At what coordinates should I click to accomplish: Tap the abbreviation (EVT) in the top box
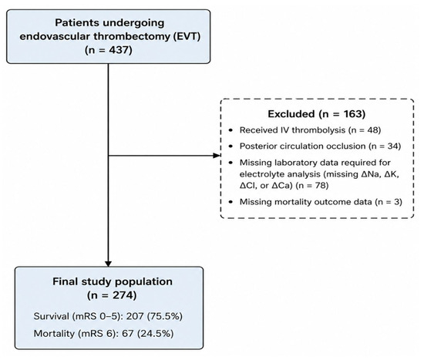click(x=187, y=36)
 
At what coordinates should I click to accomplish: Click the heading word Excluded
click(x=291, y=114)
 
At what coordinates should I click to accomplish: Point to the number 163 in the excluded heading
click(x=352, y=114)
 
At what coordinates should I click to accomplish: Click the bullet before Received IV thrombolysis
click(x=231, y=130)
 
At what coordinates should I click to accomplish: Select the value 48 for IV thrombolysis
click(x=372, y=130)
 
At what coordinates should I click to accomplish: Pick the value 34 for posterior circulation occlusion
click(x=392, y=146)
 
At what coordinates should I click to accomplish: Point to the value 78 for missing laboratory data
click(x=320, y=186)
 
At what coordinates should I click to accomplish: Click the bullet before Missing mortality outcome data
click(x=231, y=202)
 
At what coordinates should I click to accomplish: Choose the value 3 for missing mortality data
click(x=397, y=202)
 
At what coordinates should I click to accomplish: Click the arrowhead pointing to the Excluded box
click(x=217, y=156)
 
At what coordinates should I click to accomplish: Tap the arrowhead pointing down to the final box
click(x=108, y=264)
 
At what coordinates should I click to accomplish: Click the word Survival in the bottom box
click(x=52, y=316)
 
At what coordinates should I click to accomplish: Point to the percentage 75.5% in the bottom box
click(x=164, y=316)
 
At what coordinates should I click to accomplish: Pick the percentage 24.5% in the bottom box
click(x=155, y=334)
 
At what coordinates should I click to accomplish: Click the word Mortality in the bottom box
click(x=54, y=334)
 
